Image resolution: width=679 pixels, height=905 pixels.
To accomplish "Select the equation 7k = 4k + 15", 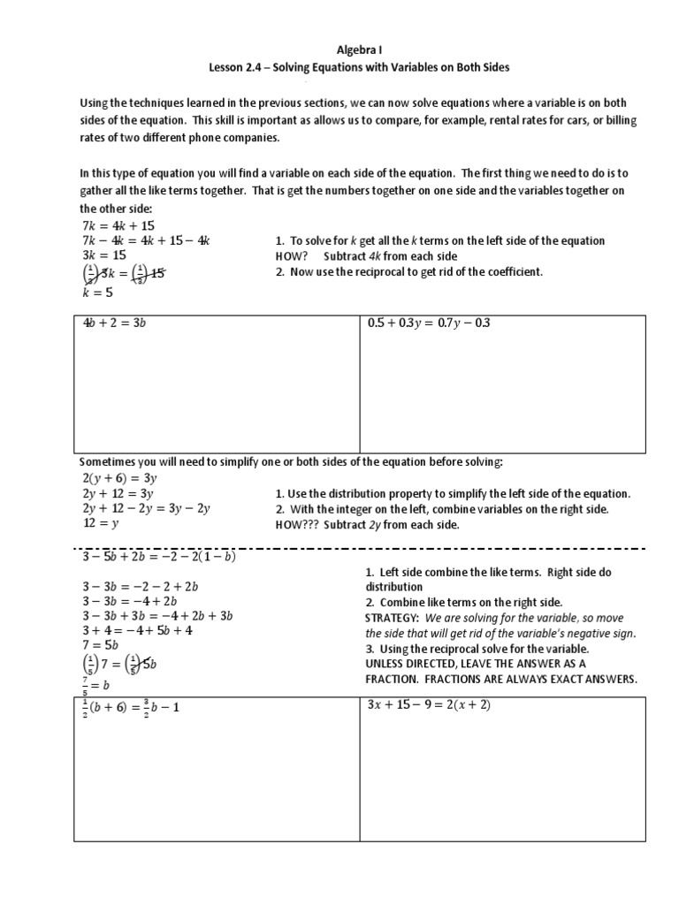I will [118, 225].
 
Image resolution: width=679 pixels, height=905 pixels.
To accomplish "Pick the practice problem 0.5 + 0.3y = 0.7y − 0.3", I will [428, 323].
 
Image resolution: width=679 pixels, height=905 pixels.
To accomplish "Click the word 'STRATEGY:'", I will [392, 618].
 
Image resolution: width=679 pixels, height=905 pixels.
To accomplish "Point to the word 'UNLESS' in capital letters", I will [387, 664].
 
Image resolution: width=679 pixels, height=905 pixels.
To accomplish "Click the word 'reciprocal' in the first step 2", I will [364, 271].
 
